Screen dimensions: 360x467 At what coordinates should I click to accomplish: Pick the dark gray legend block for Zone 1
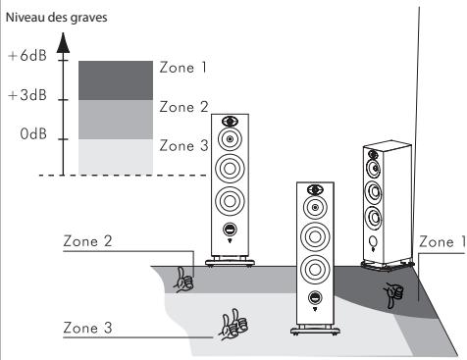pos(116,79)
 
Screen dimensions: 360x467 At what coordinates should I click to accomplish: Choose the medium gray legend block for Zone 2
pos(116,119)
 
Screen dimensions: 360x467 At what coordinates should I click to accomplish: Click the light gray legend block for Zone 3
pos(116,154)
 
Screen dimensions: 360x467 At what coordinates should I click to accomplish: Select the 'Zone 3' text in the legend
pos(182,144)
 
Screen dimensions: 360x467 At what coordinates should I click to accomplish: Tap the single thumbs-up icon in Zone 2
pos(183,280)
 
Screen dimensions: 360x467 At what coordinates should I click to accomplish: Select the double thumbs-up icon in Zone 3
pos(233,323)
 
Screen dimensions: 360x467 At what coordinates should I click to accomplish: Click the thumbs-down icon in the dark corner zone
pos(393,291)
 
